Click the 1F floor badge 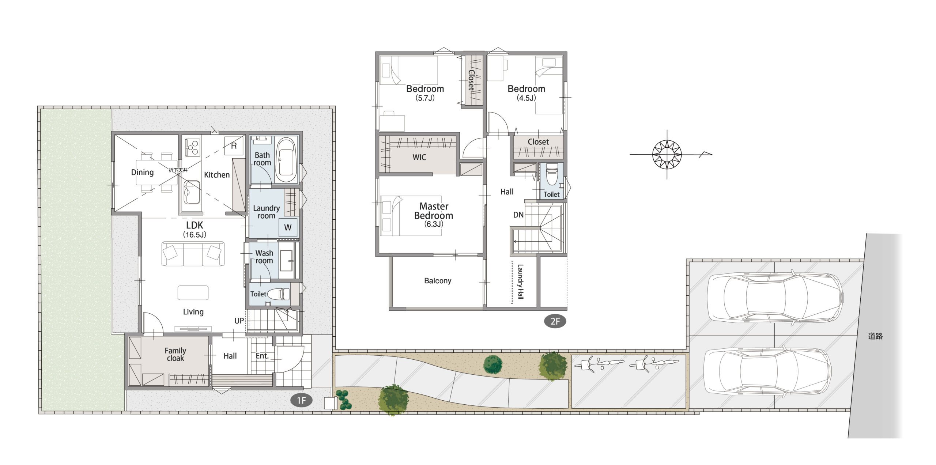pos(301,400)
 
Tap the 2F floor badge pos(555,321)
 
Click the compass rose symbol pos(667,154)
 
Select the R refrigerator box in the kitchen pos(234,146)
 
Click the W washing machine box pos(288,228)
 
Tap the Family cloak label pos(175,354)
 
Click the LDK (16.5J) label pos(195,230)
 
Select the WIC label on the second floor pos(419,157)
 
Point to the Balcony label pos(438,281)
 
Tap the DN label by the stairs pos(518,215)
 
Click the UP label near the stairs pos(239,321)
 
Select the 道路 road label pos(875,336)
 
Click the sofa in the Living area pos(193,254)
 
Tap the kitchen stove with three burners pos(192,148)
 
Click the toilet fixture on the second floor pos(552,174)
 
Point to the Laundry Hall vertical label pos(520,282)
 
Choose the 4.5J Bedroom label pos(526,93)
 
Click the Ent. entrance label pos(262,356)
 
